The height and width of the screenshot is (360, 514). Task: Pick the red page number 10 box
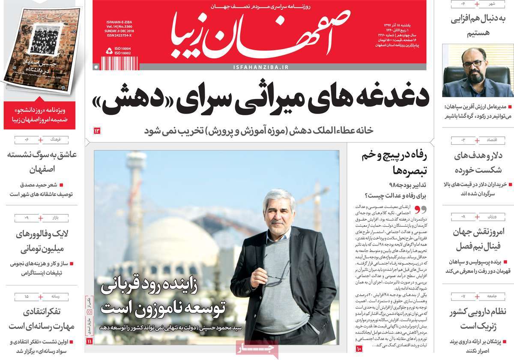359,350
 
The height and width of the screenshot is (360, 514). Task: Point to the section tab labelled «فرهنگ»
56,140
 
